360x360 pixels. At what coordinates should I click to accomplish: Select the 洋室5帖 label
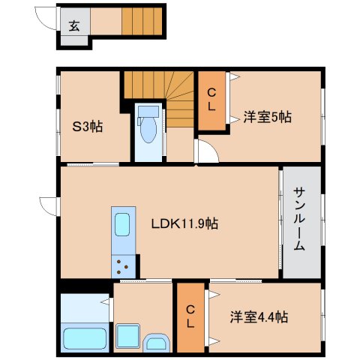pyautogui.click(x=267, y=117)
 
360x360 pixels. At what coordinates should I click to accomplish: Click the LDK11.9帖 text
pyautogui.click(x=184, y=223)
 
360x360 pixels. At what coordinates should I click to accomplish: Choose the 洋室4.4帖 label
pyautogui.click(x=259, y=317)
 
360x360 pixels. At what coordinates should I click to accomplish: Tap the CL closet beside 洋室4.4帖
pyautogui.click(x=191, y=317)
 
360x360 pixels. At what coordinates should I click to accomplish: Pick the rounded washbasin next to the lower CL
pyautogui.click(x=157, y=343)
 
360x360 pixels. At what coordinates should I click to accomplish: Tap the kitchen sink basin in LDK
pyautogui.click(x=121, y=224)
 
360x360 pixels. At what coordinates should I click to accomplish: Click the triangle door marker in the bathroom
pyautogui.click(x=105, y=301)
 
